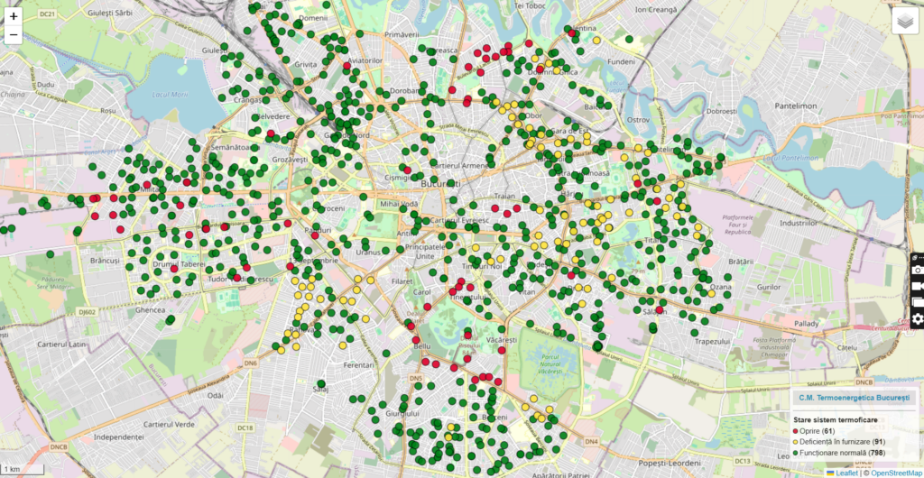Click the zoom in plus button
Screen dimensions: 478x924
click(14, 16)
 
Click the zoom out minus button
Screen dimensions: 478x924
click(14, 36)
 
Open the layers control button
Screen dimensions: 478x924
click(904, 22)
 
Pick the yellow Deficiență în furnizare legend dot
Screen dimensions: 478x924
click(795, 442)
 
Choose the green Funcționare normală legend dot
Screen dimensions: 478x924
click(795, 452)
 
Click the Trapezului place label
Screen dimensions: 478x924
click(713, 342)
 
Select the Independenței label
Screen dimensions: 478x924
click(106, 437)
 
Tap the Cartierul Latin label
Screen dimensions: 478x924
click(62, 344)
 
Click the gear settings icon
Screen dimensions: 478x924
click(918, 318)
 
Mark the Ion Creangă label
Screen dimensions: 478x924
click(656, 9)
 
